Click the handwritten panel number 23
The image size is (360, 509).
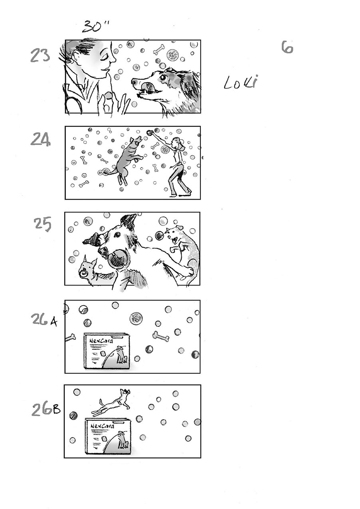click(40, 55)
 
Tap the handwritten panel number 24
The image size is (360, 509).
click(40, 139)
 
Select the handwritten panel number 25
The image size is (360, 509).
click(42, 225)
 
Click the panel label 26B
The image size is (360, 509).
click(45, 409)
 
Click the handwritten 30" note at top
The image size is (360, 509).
click(96, 26)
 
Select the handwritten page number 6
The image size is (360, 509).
click(287, 47)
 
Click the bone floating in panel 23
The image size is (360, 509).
click(159, 49)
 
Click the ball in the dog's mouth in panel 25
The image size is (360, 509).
click(118, 260)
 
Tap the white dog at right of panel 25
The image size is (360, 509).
click(182, 245)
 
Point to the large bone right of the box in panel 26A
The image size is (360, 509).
click(160, 337)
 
